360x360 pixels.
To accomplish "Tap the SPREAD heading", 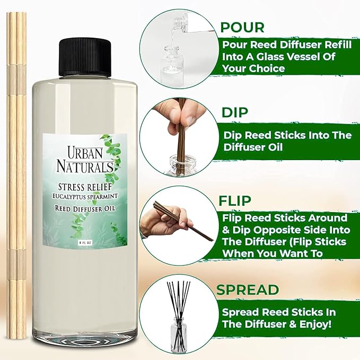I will [x=248, y=289].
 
